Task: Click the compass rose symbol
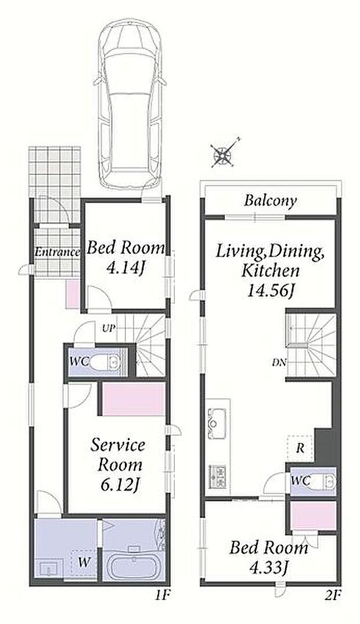point(224,154)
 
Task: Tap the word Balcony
point(271,201)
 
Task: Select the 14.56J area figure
point(271,291)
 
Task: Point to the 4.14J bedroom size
point(125,268)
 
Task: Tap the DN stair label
point(278,363)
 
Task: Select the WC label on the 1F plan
point(80,362)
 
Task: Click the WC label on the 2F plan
point(301,481)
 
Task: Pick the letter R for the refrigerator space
point(300,449)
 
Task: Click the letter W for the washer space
point(83,562)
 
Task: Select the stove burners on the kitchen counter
point(218,478)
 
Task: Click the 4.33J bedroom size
point(269,567)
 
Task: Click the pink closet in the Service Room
point(134,399)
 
